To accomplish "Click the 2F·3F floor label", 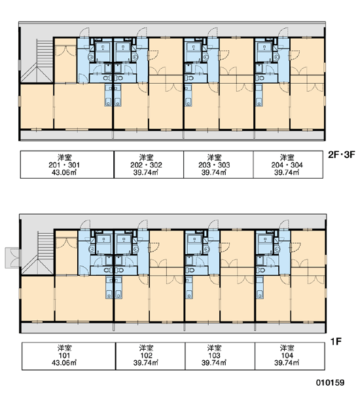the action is coord(342,155).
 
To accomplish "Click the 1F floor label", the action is coord(336,341).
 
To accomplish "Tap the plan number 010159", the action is coord(330,383).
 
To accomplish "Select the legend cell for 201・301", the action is coord(67,164).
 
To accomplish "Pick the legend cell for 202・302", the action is coord(149,164).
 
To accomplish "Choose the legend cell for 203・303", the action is coord(219,164).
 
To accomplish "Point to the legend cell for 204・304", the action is coord(288,164).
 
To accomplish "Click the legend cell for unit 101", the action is coord(69,356).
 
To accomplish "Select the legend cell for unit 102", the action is coord(151,356).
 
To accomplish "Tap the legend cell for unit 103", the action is coord(220,356).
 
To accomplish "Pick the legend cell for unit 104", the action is coord(290,356).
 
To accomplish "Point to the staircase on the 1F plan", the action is coord(38,253).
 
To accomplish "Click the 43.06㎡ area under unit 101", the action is coord(64,363).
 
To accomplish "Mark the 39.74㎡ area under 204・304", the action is coord(287,172).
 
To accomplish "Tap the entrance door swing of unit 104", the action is coord(284,224).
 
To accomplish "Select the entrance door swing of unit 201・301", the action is coord(84,32).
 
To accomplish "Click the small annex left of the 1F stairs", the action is coord(12,258).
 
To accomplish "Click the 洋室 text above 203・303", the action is coord(214,157).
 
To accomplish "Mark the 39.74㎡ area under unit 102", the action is coord(146,363).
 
